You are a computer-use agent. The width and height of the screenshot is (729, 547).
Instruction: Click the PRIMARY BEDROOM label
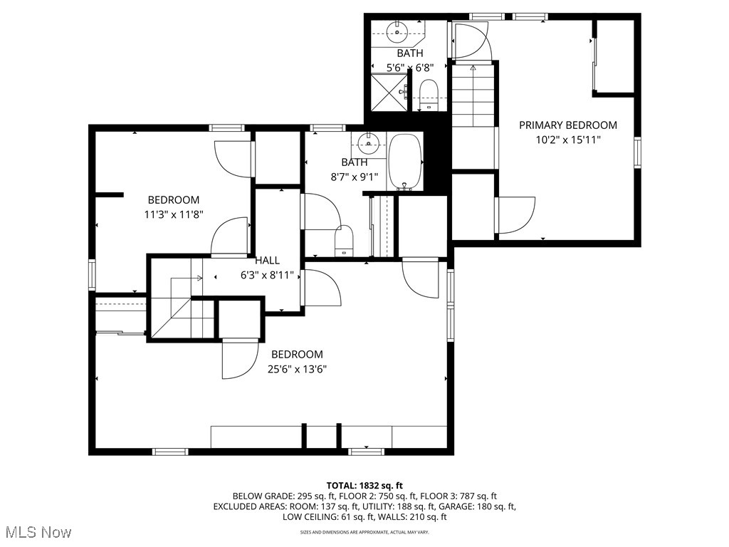click(567, 125)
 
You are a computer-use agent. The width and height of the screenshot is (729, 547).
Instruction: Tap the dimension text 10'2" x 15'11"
click(567, 140)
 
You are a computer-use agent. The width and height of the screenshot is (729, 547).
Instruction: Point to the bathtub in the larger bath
click(404, 162)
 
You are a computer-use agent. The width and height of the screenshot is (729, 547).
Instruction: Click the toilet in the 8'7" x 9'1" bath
click(344, 241)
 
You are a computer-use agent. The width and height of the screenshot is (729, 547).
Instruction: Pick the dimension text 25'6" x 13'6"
click(297, 369)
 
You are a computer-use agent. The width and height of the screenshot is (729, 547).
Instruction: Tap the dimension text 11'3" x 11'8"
click(174, 214)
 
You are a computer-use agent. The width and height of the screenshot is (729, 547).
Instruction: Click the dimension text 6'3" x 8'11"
click(267, 274)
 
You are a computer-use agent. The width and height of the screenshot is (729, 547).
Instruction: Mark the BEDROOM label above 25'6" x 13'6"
click(297, 354)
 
